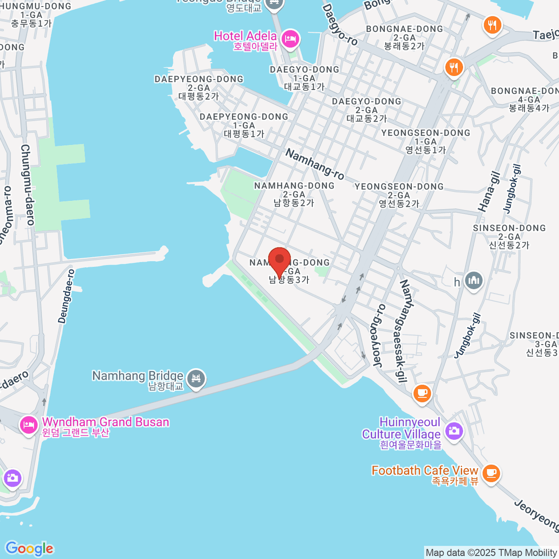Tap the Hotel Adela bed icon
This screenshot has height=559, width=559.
(x=291, y=39)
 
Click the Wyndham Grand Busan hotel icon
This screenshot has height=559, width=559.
(x=29, y=425)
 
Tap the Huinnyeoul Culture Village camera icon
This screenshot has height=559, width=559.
(x=453, y=430)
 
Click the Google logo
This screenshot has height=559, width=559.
(x=29, y=549)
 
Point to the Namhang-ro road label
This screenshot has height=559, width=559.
(x=315, y=164)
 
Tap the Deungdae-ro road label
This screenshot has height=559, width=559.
(x=66, y=296)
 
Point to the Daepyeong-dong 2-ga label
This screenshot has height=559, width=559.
(x=199, y=88)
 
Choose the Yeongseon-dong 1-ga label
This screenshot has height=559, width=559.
(x=426, y=141)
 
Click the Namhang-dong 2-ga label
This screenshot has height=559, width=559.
(x=294, y=194)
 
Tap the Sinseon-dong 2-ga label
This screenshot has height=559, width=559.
(x=509, y=236)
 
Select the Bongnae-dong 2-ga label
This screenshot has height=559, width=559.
(x=404, y=37)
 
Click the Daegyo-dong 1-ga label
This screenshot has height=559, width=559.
(x=304, y=78)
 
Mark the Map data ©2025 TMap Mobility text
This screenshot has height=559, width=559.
(x=491, y=553)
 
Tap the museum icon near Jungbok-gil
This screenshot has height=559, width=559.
(x=474, y=281)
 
